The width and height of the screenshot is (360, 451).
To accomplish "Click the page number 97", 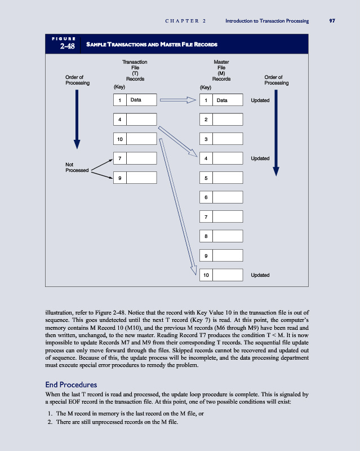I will pyautogui.click(x=332, y=21).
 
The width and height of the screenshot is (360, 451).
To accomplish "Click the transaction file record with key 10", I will pyautogui.click(x=135, y=139).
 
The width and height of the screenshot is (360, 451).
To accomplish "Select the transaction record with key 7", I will pyautogui.click(x=135, y=158).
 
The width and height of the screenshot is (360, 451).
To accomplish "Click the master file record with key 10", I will pyautogui.click(x=221, y=275).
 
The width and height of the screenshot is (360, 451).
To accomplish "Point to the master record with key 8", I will pyautogui.click(x=221, y=236).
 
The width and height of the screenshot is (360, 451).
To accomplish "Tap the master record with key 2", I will pyautogui.click(x=221, y=120).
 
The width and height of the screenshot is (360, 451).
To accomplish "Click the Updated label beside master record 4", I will pyautogui.click(x=260, y=158).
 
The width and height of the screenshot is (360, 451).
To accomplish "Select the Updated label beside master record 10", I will pyautogui.click(x=260, y=275).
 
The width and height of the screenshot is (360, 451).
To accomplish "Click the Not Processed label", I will pyautogui.click(x=77, y=167).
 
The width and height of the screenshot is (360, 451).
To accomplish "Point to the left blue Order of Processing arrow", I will pyautogui.click(x=77, y=118).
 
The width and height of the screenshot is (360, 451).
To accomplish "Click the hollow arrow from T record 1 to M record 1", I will pyautogui.click(x=178, y=100).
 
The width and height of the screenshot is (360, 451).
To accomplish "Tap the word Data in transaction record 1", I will pyautogui.click(x=136, y=100).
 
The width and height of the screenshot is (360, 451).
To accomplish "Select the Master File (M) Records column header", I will pyautogui.click(x=221, y=70).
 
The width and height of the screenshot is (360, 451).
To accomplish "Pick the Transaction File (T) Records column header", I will pyautogui.click(x=135, y=70).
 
